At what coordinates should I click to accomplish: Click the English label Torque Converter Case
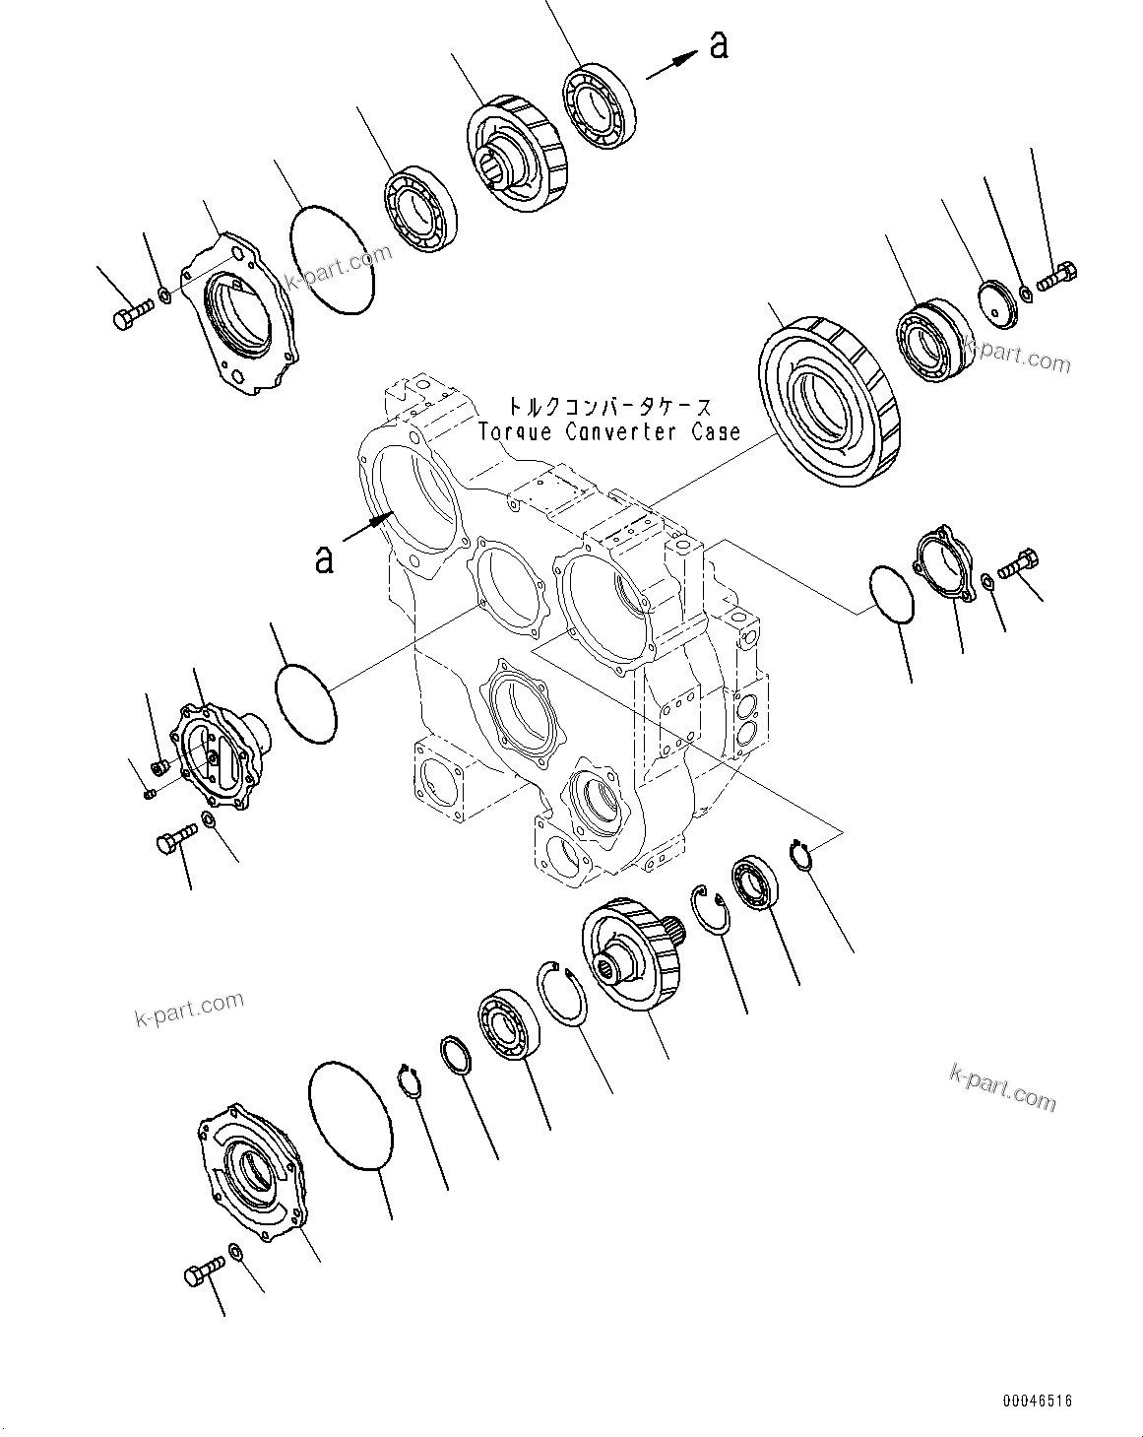pos(608,431)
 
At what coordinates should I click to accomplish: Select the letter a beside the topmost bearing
pos(720,45)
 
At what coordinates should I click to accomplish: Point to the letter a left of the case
pos(323,558)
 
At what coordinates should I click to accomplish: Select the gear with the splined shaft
pos(630,955)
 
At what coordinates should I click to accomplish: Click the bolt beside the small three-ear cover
pos(1019,563)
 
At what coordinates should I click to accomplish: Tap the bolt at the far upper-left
pos(129,316)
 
